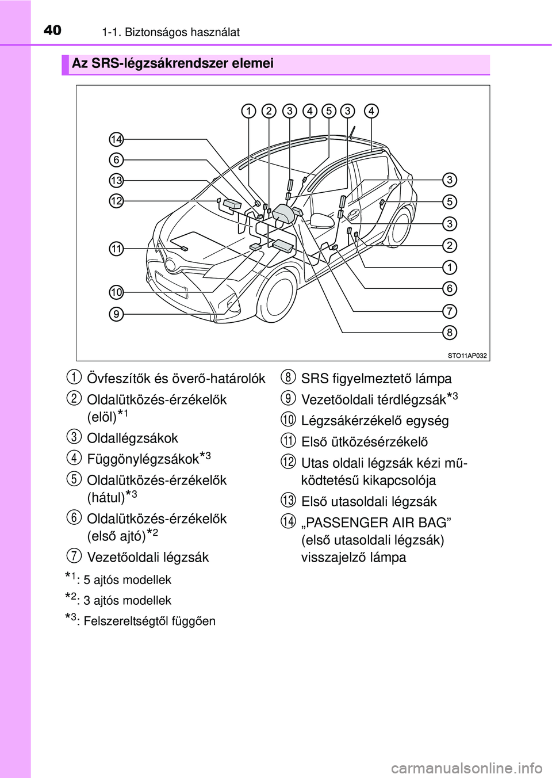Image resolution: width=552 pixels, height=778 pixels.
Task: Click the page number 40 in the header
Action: pyautogui.click(x=52, y=30)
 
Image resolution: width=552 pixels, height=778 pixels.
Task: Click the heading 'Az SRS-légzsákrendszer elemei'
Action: pyautogui.click(x=172, y=63)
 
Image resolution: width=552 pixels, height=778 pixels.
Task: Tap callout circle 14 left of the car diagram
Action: pyautogui.click(x=116, y=139)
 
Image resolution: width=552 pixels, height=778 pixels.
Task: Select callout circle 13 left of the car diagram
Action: pyautogui.click(x=116, y=181)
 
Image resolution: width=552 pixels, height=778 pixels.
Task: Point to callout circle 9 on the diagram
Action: pyautogui.click(x=116, y=314)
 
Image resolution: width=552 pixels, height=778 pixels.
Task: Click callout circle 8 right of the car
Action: pyautogui.click(x=450, y=332)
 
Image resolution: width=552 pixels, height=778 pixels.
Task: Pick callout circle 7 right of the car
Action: pyautogui.click(x=450, y=311)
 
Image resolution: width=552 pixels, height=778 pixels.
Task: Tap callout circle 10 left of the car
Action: pyautogui.click(x=116, y=292)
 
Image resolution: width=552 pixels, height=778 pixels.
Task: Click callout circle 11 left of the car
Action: pyautogui.click(x=116, y=249)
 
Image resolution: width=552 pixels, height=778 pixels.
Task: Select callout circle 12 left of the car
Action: pyautogui.click(x=116, y=201)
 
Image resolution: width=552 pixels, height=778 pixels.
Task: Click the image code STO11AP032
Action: pyautogui.click(x=467, y=356)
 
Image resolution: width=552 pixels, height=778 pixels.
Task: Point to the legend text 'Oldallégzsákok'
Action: pyautogui.click(x=132, y=438)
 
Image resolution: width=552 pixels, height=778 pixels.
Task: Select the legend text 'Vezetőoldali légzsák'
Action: pyautogui.click(x=148, y=557)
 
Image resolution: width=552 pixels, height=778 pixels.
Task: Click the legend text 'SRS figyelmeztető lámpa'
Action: pyautogui.click(x=376, y=379)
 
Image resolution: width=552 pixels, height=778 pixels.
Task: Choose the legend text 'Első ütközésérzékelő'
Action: pyautogui.click(x=365, y=442)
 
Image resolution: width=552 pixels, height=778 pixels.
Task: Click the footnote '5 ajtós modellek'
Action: pyautogui.click(x=127, y=580)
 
